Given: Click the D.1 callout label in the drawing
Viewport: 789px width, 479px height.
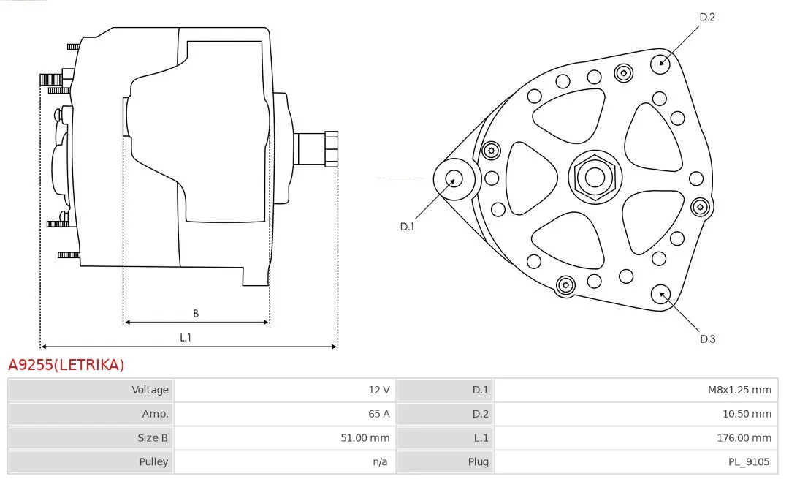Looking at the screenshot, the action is (407, 227).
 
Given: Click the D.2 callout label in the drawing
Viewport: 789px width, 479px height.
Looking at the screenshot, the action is (707, 17).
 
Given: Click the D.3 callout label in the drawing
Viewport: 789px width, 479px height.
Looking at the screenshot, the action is (707, 339).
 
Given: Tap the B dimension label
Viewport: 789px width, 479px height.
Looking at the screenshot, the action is (196, 313).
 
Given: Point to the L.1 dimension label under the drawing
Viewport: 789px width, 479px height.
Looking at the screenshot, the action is (186, 337).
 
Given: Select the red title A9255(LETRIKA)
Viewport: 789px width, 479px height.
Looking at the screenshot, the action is (66, 365).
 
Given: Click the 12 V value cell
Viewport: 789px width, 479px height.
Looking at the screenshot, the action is (285, 390).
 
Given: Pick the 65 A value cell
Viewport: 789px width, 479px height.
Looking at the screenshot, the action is (285, 414).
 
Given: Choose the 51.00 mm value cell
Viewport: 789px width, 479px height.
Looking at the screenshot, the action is (285, 438).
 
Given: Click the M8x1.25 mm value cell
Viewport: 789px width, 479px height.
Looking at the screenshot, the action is (636, 390).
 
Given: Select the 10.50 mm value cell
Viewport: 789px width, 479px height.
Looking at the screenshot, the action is (636, 414).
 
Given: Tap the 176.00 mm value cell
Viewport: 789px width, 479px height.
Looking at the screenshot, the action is (636, 438).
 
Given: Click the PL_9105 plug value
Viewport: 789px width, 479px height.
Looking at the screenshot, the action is (749, 462).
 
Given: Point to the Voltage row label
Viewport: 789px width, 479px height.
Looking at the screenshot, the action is (150, 390).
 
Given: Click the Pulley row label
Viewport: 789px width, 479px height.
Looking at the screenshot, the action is (154, 462).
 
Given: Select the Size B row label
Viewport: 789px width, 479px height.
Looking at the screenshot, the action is (153, 438).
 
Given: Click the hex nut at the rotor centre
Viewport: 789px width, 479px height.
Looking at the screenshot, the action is (595, 177).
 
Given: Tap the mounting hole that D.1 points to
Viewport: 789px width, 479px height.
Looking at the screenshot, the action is (454, 179).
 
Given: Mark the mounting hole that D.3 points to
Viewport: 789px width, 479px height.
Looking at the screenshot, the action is (660, 295).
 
